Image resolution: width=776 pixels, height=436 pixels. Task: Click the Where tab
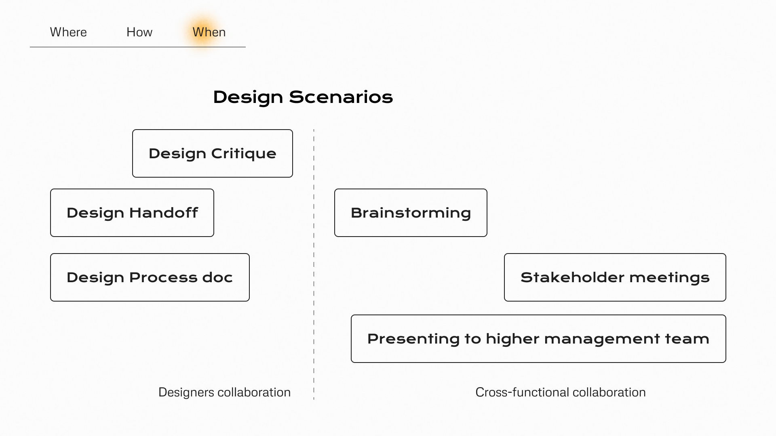click(68, 32)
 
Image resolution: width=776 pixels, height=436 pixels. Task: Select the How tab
click(139, 32)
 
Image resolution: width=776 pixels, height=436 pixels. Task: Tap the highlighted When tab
click(209, 32)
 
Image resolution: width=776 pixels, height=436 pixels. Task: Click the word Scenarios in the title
click(341, 97)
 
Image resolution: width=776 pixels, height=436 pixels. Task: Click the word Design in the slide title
click(248, 97)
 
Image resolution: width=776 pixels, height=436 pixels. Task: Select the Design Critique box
click(213, 153)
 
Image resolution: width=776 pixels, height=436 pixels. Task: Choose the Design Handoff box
click(132, 213)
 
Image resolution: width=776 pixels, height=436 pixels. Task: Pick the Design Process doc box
click(150, 277)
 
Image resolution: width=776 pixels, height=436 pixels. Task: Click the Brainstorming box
click(411, 213)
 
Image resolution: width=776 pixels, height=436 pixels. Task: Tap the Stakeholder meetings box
click(615, 277)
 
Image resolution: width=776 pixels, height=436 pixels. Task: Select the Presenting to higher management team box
click(538, 339)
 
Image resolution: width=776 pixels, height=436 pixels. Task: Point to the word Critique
click(244, 153)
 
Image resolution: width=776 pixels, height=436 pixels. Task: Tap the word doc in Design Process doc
click(217, 277)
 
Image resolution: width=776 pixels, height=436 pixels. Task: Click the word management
click(602, 339)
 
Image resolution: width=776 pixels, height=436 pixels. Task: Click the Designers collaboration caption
click(224, 392)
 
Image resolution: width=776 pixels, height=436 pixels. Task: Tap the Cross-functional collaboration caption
click(560, 392)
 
